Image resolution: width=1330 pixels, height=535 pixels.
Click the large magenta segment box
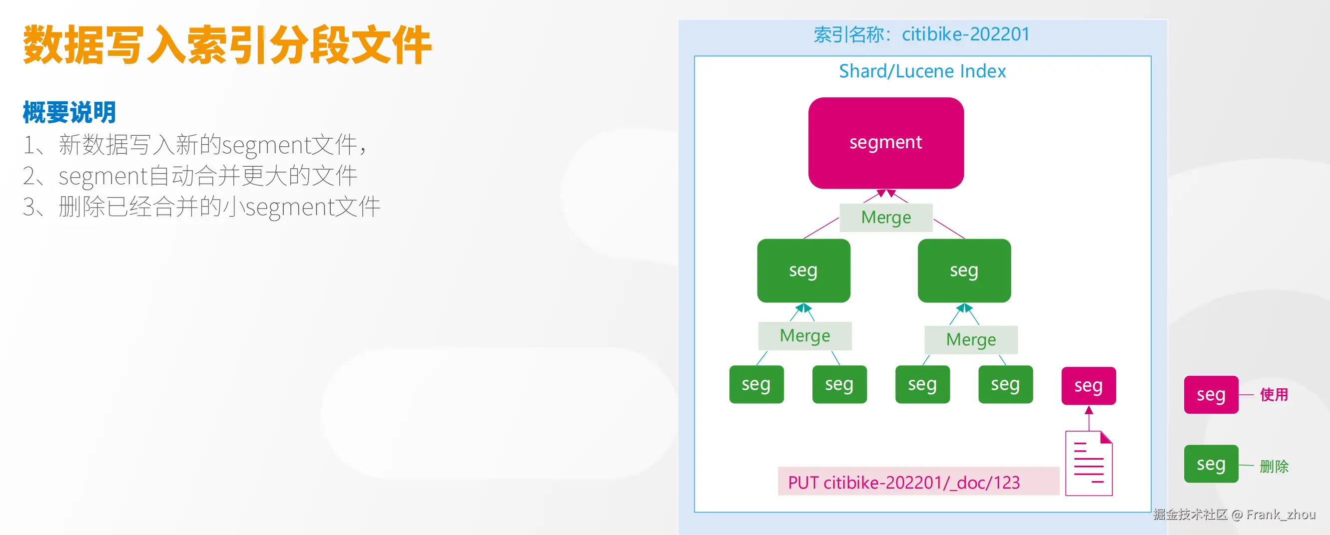coord(885,143)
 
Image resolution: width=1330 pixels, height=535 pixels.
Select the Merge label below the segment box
coord(885,217)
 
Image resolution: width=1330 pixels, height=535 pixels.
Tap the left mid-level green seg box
coord(803,270)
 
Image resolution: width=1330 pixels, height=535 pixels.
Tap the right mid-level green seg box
coord(964,270)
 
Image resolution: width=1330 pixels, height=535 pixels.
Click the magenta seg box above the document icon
coord(1088,385)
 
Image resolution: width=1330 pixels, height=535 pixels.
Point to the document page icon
coord(1088,463)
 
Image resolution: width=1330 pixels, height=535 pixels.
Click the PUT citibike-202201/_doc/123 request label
coord(903,483)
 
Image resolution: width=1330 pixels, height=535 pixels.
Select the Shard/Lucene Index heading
coord(922,71)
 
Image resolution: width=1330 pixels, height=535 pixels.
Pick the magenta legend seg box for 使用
coord(1211,395)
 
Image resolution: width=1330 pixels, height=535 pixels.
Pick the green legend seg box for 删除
coord(1211,464)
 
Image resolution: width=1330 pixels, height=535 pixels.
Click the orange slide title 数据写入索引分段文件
coord(227,45)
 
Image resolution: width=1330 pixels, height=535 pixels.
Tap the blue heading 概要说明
coord(69,112)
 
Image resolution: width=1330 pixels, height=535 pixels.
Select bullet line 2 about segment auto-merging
coord(190,176)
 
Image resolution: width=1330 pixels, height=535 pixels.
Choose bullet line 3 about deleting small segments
coord(201,207)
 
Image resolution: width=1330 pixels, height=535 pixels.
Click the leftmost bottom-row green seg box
coord(756,384)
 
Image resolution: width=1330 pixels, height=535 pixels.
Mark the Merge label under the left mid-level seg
coord(804,336)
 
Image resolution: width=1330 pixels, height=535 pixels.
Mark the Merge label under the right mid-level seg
coord(971,339)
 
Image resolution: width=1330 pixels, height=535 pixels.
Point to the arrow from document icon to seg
coord(1089,418)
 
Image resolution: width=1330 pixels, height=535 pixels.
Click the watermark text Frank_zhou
coord(1281,515)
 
